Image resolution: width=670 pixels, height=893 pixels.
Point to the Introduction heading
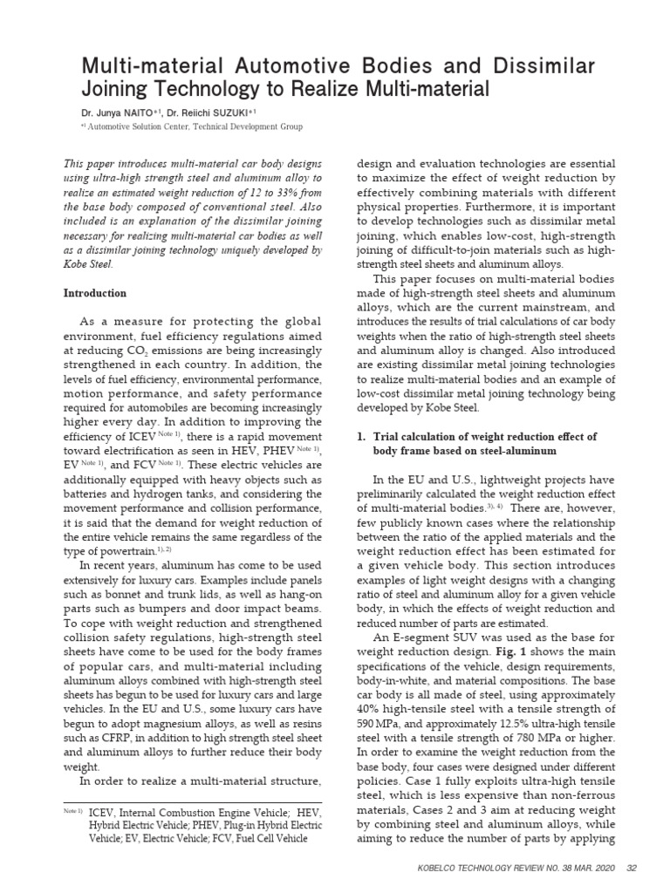95,293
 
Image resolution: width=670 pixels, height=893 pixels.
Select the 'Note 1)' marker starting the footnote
73,812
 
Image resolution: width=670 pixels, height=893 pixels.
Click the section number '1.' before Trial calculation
365,435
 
